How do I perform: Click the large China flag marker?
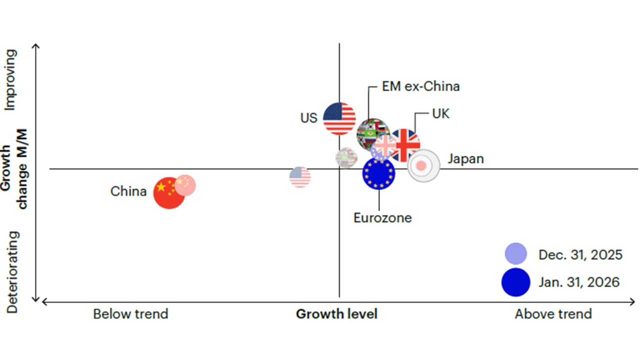[x=169, y=192]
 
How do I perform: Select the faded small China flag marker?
[x=185, y=185]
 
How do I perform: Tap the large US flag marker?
[x=339, y=118]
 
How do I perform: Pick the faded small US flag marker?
[x=300, y=177]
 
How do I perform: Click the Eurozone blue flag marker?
[x=378, y=173]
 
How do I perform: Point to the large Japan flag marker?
[x=423, y=165]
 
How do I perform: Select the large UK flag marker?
[x=405, y=144]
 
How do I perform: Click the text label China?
[x=128, y=191]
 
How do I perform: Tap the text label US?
[x=308, y=118]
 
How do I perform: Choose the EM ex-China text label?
[x=420, y=86]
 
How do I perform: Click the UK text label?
[x=440, y=114]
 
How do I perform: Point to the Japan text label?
[x=465, y=159]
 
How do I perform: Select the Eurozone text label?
[x=382, y=218]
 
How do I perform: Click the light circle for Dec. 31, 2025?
[x=515, y=253]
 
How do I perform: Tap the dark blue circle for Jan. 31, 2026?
[x=515, y=282]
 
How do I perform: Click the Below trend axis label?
[x=130, y=314]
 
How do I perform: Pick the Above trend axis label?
[x=553, y=314]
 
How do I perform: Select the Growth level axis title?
[x=336, y=314]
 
